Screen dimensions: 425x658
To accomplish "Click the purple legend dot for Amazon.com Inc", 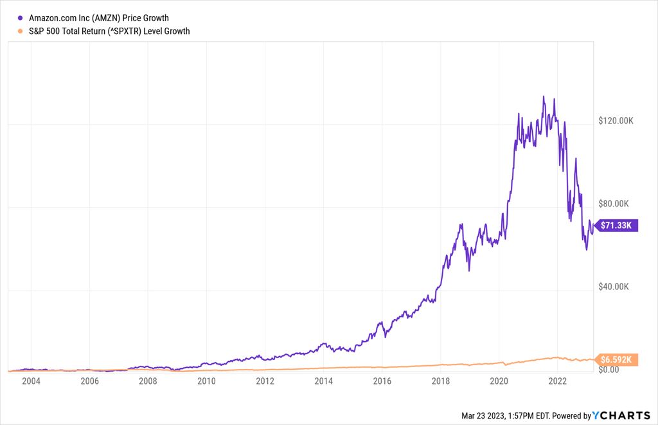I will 20,18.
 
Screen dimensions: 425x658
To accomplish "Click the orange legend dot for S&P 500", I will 20,31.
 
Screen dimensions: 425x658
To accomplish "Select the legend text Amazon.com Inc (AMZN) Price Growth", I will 99,18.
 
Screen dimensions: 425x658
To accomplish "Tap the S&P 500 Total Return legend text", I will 109,31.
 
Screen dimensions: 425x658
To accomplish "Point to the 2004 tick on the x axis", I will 31,381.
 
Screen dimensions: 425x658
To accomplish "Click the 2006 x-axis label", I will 89,381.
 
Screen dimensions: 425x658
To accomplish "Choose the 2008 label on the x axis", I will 148,381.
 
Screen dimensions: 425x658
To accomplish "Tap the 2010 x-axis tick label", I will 206,381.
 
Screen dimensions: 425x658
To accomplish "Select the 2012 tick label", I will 265,381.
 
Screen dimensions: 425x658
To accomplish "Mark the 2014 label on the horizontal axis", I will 324,381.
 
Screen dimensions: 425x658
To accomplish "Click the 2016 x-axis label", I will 382,381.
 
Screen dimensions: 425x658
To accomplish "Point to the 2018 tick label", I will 441,381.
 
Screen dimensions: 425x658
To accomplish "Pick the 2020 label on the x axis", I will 499,381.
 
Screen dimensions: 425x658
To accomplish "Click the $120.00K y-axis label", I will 616,121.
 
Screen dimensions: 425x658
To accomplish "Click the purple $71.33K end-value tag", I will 618,225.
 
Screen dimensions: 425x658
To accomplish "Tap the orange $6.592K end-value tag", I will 618,359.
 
